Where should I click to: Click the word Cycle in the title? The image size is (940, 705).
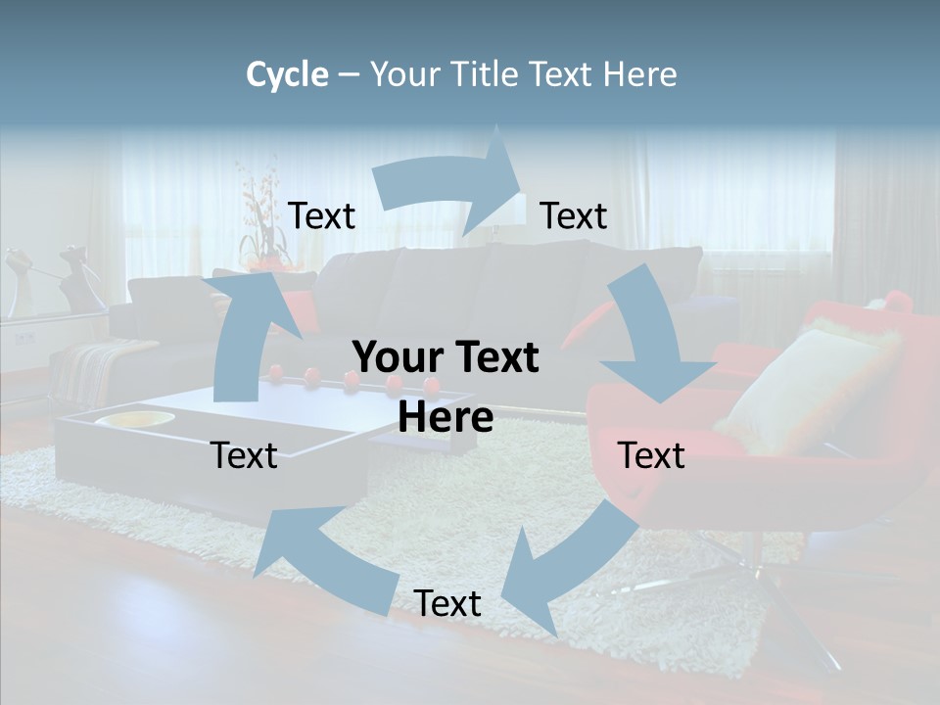pyautogui.click(x=287, y=74)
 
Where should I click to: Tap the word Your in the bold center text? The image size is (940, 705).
pyautogui.click(x=398, y=357)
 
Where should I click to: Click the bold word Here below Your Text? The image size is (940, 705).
pyautogui.click(x=446, y=417)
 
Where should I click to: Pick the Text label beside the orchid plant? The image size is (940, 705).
pyautogui.click(x=321, y=215)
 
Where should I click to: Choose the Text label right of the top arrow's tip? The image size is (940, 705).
pyautogui.click(x=574, y=215)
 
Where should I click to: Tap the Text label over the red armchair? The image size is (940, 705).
pyautogui.click(x=651, y=455)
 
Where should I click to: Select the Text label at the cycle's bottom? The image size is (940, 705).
pyautogui.click(x=447, y=603)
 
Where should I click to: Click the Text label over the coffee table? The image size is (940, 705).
pyautogui.click(x=244, y=455)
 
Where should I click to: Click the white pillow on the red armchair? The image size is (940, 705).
pyautogui.click(x=803, y=387)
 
